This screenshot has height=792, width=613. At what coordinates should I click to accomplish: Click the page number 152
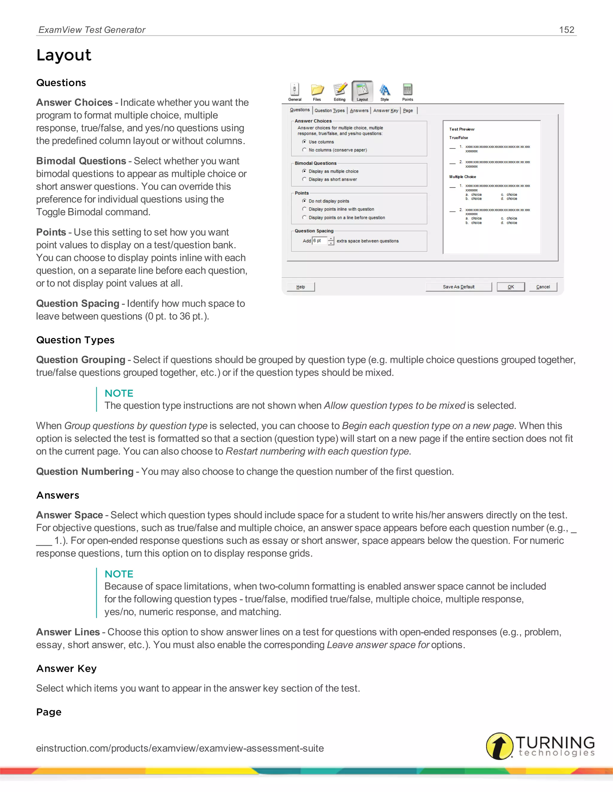pos(567,30)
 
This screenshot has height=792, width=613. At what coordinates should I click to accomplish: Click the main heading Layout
pos(64,55)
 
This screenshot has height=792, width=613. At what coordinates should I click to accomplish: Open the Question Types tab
pos(329,111)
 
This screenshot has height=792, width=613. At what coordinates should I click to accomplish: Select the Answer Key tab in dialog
pos(386,111)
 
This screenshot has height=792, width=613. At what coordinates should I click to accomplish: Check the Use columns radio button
pos(304,142)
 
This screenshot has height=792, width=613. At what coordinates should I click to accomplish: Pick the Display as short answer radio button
pos(304,179)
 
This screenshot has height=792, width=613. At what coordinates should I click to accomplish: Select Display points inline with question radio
pos(304,209)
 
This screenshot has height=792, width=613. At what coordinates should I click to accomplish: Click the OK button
pos(511,287)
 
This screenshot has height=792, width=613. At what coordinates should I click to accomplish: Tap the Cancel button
pos(543,287)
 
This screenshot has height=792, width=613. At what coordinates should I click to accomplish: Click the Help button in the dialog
pos(301,287)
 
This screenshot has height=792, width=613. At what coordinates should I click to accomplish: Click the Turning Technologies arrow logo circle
pos(500,746)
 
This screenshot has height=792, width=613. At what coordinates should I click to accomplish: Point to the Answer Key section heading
pos(66,668)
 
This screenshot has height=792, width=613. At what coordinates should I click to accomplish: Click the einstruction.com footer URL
pos(180,748)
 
